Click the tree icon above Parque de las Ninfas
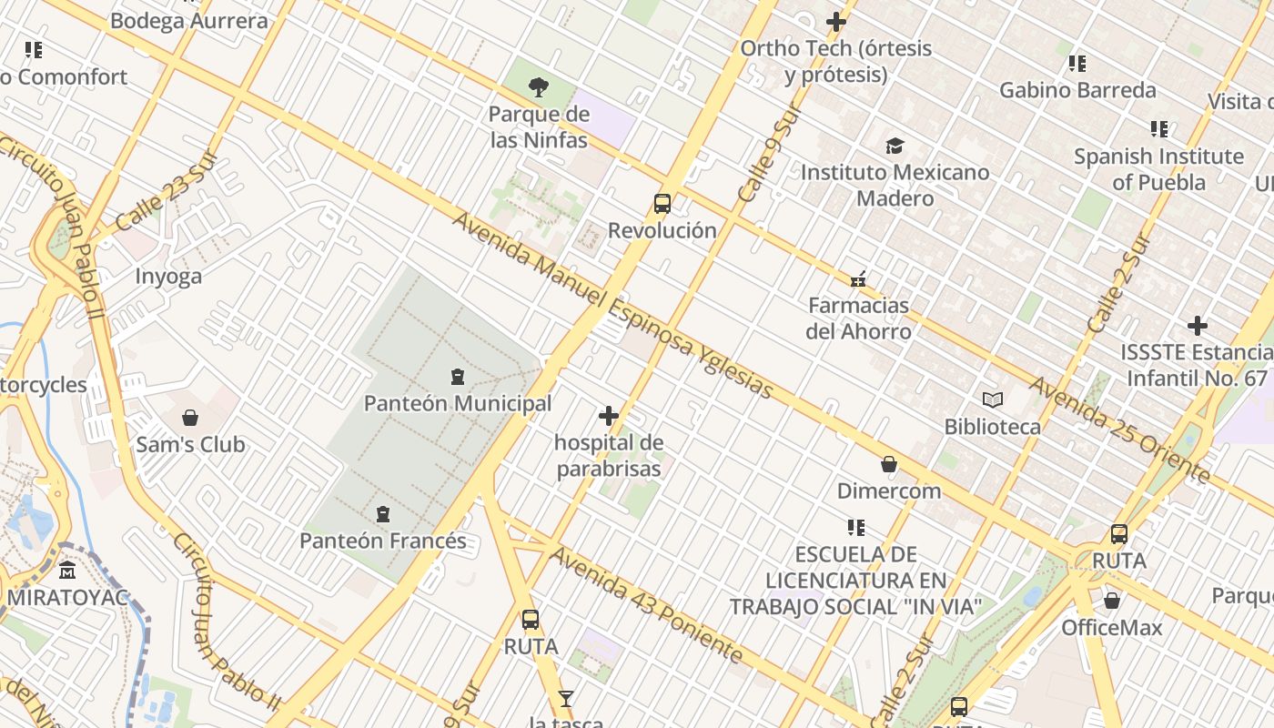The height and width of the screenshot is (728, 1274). [539, 87]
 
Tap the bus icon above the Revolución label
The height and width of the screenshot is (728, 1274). [662, 204]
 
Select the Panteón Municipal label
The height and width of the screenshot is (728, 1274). [458, 403]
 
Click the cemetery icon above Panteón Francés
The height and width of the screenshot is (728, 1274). [383, 514]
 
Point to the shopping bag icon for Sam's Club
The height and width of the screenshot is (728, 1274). [190, 418]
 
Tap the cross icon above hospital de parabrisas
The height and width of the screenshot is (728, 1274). [609, 417]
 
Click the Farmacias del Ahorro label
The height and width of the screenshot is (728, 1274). [858, 318]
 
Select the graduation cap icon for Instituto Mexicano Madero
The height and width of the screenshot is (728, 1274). [895, 146]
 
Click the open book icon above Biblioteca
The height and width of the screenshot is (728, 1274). [992, 399]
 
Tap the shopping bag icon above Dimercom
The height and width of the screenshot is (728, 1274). [889, 464]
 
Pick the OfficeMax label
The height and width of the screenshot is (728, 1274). [1112, 628]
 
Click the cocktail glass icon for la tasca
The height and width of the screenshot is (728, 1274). [566, 699]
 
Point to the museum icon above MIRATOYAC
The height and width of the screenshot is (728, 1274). [67, 571]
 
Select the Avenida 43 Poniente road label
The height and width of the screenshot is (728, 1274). [646, 605]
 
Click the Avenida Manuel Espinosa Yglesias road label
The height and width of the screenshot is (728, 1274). [612, 306]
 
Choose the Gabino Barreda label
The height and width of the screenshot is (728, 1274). [1077, 90]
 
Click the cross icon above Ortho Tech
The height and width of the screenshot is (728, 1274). [836, 22]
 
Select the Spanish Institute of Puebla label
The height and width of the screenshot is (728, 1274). [1158, 169]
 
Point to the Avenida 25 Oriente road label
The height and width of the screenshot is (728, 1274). [1119, 430]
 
